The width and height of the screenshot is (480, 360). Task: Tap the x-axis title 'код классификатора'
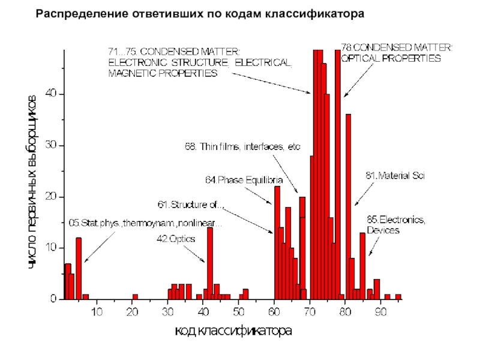tap(233, 331)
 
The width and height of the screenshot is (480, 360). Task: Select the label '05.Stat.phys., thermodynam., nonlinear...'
tap(146, 224)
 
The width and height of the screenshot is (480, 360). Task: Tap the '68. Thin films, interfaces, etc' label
tap(242, 146)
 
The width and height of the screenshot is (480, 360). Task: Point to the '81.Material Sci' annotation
tap(395, 176)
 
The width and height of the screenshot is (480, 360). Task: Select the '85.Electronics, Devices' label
tap(396, 225)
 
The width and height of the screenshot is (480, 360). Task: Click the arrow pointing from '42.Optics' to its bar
tap(196, 253)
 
